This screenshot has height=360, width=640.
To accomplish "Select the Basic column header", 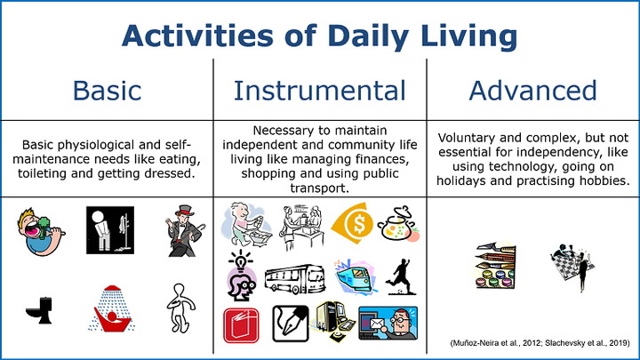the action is [107, 90].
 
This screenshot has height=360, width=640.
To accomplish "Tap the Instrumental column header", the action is [320, 90].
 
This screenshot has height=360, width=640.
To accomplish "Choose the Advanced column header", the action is [532, 90].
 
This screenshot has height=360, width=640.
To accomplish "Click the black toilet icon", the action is [40, 310].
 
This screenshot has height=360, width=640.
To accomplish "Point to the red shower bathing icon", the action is [111, 308].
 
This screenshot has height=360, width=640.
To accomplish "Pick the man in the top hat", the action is [185, 231].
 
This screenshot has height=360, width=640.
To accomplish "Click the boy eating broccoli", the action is [40, 232].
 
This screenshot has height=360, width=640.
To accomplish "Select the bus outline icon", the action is [295, 279].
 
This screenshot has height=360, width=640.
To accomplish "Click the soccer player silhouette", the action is [401, 276].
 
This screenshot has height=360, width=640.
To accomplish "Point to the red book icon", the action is [241, 325].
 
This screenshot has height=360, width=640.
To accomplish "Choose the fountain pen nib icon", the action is [291, 324].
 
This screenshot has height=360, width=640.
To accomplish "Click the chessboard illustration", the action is [572, 267].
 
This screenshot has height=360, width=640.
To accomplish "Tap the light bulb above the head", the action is [241, 260].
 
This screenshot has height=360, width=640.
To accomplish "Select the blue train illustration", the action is [355, 276].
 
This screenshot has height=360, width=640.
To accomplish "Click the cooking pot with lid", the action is [398, 224].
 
